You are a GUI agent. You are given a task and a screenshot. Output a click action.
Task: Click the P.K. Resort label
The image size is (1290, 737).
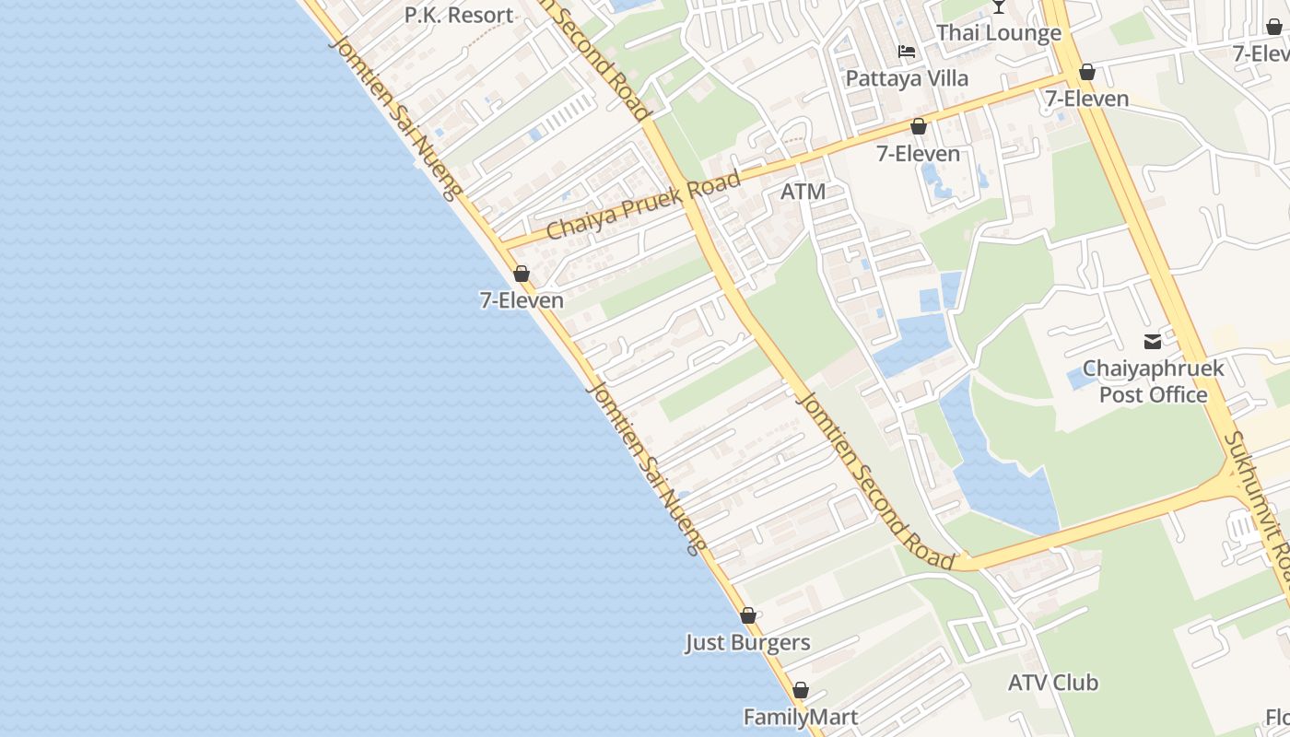click(459, 16)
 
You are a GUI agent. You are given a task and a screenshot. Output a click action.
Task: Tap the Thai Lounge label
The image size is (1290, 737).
click(999, 34)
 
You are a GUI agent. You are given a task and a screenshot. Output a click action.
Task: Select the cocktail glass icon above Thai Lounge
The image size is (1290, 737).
click(999, 6)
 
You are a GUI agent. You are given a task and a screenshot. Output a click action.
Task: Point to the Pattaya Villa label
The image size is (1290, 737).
click(908, 79)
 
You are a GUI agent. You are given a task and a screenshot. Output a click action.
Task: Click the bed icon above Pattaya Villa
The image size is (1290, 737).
click(908, 52)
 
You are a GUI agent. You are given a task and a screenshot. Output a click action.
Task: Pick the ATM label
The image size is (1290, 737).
click(803, 193)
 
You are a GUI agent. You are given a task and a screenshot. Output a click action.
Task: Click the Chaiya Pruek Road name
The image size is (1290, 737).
click(643, 205)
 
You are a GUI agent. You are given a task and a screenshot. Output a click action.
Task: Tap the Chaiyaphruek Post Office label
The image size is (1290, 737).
click(1153, 381)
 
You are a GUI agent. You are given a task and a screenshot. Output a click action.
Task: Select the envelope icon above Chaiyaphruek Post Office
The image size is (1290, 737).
click(1153, 342)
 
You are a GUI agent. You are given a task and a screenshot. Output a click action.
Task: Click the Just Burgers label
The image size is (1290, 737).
click(747, 643)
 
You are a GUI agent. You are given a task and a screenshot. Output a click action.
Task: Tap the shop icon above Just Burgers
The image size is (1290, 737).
click(748, 615)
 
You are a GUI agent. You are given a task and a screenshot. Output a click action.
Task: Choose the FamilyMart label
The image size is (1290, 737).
click(801, 718)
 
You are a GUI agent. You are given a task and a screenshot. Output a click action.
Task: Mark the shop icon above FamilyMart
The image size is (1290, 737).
click(801, 690)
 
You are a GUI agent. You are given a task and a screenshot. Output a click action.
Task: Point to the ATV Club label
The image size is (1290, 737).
click(1052, 684)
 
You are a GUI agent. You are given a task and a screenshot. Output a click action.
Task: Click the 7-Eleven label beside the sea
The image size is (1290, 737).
click(522, 300)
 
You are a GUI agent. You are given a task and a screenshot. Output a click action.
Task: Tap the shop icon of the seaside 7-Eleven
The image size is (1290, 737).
click(522, 274)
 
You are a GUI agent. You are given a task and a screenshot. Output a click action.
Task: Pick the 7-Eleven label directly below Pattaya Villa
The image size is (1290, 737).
click(918, 154)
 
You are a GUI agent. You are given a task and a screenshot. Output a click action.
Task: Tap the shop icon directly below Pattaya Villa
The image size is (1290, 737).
click(918, 127)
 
